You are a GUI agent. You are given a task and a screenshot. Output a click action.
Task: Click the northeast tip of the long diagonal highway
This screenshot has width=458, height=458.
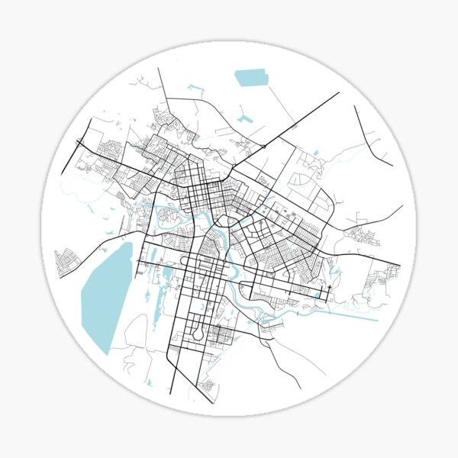[339, 93]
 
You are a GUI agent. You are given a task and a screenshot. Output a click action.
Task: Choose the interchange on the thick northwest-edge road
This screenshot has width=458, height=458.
[79, 141]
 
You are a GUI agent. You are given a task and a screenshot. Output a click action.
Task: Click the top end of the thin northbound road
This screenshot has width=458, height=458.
[158, 69]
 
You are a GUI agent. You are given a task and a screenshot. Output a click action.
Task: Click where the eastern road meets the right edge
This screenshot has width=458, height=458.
[402, 206]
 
